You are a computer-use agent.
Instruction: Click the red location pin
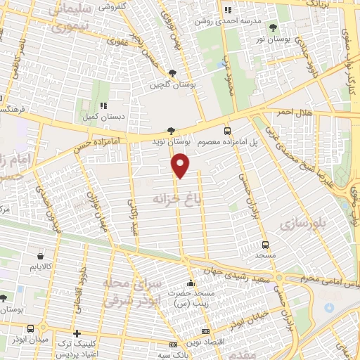[x=181, y=165]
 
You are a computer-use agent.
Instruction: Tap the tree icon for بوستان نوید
[x=171, y=130]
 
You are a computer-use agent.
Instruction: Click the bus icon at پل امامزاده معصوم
[x=227, y=130]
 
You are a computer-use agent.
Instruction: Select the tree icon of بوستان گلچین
[x=173, y=72]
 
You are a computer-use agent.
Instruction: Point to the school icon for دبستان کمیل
[x=104, y=105]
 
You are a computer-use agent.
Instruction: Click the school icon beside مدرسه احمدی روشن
[x=227, y=10]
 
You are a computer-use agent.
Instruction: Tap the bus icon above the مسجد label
[x=265, y=245]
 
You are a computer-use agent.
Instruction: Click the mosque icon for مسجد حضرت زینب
[x=190, y=284]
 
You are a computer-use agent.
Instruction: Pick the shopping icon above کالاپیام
[x=40, y=256]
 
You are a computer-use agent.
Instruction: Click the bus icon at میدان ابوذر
[x=31, y=328]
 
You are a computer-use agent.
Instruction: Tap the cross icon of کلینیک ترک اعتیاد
[x=77, y=333]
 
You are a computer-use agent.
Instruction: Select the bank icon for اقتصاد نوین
[x=205, y=330]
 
